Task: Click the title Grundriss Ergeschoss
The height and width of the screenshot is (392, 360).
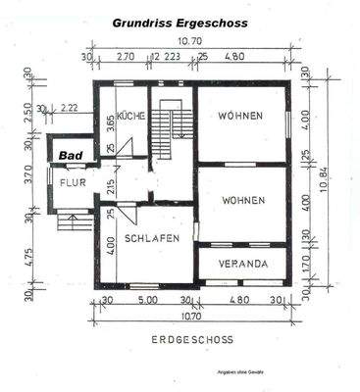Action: [180, 21]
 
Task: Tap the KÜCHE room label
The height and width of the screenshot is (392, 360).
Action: [131, 117]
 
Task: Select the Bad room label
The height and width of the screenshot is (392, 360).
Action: [69, 156]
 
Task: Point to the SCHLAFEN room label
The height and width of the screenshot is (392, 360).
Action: [153, 239]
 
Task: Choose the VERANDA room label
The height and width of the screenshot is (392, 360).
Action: [243, 265]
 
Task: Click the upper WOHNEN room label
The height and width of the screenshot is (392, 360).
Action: [242, 117]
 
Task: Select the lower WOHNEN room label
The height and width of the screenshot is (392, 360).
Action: [242, 200]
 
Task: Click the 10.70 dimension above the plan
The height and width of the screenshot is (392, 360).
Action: [189, 41]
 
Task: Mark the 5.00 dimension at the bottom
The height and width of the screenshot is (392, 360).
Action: [148, 300]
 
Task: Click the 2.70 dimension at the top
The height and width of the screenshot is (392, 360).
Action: [126, 57]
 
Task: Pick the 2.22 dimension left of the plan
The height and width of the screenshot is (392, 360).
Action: [69, 108]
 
